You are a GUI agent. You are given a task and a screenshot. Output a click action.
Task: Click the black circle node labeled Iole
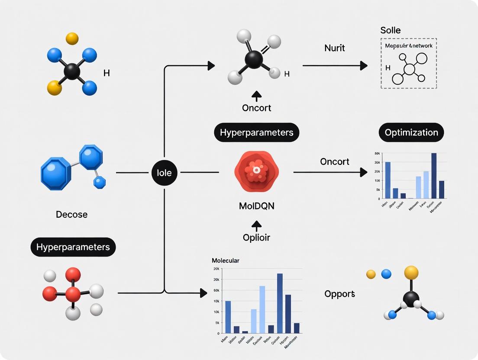click(x=165, y=173)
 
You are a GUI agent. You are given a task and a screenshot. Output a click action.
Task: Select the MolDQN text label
click(x=256, y=206)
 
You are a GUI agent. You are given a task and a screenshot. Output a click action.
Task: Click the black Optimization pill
click(x=411, y=132)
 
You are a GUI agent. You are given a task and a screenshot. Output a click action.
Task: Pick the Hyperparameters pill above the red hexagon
click(x=257, y=132)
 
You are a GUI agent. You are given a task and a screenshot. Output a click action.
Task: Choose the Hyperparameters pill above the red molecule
click(x=73, y=247)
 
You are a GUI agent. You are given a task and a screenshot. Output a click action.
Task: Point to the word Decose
click(x=72, y=214)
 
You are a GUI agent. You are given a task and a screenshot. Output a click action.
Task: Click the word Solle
click(x=390, y=30)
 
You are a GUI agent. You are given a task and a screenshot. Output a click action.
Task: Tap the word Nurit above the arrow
click(x=334, y=48)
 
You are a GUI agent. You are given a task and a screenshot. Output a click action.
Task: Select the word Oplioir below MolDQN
click(x=256, y=238)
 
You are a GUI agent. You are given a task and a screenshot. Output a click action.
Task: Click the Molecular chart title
click(x=226, y=260)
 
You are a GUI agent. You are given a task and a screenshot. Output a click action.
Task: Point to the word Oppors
click(x=339, y=294)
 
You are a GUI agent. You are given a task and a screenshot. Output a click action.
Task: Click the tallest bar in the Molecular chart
click(x=280, y=303)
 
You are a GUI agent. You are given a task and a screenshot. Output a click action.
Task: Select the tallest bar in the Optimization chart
click(x=433, y=176)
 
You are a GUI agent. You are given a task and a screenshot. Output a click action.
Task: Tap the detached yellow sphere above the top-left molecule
click(x=72, y=39)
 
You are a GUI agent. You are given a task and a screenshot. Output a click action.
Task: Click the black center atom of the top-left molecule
click(x=71, y=71)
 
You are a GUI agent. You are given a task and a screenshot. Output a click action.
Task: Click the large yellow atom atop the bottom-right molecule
click(x=411, y=273)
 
